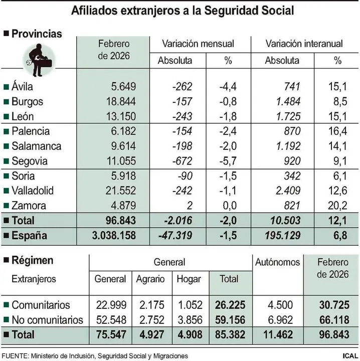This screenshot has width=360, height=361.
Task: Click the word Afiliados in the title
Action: (x=96, y=11)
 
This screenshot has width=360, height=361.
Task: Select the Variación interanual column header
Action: (x=304, y=44)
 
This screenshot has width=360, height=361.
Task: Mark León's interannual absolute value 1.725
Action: (x=289, y=116)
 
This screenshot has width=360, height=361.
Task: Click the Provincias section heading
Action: (x=37, y=34)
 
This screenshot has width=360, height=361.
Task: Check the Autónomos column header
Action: (x=277, y=262)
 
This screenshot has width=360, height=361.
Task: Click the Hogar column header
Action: (x=189, y=279)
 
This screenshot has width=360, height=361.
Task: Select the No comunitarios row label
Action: (x=47, y=319)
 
